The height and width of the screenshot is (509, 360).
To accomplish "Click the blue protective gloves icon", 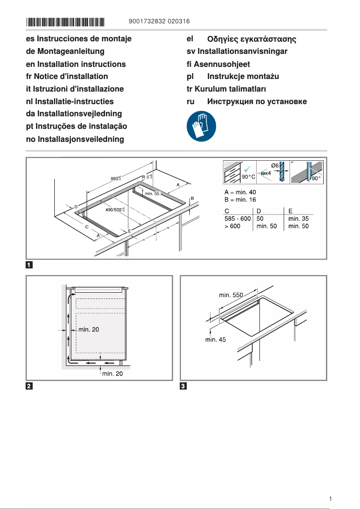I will tap(201, 126).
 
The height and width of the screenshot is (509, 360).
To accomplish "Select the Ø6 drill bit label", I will tap(275, 166).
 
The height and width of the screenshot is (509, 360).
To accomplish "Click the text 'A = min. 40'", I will tap(240, 193).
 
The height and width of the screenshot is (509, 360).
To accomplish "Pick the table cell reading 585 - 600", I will tap(237, 219).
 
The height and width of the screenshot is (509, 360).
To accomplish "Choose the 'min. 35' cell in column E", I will tap(299, 219).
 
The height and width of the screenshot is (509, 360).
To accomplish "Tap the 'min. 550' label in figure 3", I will tap(231, 295).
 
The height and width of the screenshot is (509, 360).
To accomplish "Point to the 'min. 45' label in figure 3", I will tap(216, 340).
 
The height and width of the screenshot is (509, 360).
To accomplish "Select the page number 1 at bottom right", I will tap(330, 499).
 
